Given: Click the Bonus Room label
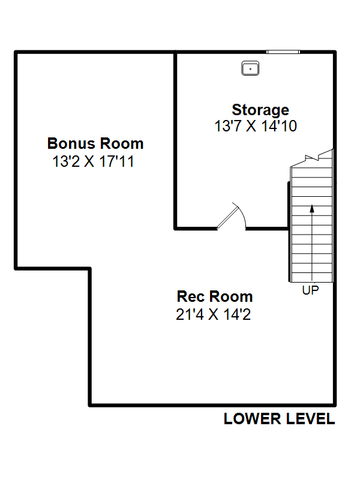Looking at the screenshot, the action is (x=95, y=143).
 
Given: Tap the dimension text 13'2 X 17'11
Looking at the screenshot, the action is (x=94, y=161).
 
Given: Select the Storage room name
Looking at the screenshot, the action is (x=260, y=110).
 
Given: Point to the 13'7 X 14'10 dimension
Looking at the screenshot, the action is (x=256, y=126).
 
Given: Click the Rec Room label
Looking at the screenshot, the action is (x=215, y=296).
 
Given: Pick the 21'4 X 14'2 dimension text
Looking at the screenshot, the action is (x=214, y=314).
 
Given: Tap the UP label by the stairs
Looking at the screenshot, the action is (x=310, y=290).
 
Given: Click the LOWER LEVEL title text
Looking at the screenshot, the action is (x=280, y=419).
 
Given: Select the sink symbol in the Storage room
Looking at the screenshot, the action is (x=250, y=68).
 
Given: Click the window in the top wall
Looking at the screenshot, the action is (x=283, y=52).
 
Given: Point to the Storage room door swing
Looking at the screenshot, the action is (x=232, y=216).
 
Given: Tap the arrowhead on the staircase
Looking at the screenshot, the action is (x=312, y=208).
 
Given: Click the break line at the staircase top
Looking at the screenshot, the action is (x=311, y=158).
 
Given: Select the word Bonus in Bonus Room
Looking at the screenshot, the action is (x=71, y=143).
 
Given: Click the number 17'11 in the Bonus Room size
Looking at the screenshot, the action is (x=117, y=161).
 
